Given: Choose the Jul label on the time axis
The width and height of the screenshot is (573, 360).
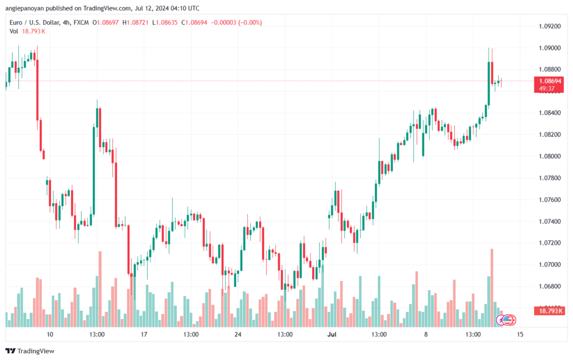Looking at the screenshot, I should pyautogui.click(x=331, y=334).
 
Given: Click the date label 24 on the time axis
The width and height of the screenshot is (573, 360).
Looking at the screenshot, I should pyautogui.click(x=238, y=334).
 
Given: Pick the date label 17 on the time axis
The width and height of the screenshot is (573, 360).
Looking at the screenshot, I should pyautogui.click(x=144, y=334).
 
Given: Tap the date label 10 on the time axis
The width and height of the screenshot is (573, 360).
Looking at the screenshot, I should pyautogui.click(x=50, y=334).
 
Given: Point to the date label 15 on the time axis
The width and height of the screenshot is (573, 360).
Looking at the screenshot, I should pyautogui.click(x=520, y=334).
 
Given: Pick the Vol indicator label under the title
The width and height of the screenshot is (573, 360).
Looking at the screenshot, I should pyautogui.click(x=13, y=31).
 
